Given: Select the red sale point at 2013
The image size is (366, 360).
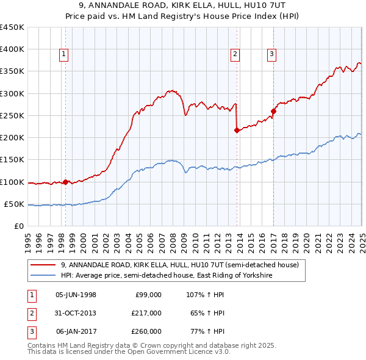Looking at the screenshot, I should (x=237, y=130).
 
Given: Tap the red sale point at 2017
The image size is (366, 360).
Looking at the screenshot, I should (x=274, y=111).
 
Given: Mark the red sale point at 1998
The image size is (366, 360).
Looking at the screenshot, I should (x=65, y=182).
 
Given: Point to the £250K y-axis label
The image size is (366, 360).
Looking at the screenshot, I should (x=12, y=115).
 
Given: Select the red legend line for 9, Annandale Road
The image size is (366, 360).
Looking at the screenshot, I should (x=43, y=265).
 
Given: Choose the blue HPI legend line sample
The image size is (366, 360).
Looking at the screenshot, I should (x=43, y=276).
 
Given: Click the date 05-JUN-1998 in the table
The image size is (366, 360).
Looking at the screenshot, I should (x=76, y=294).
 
